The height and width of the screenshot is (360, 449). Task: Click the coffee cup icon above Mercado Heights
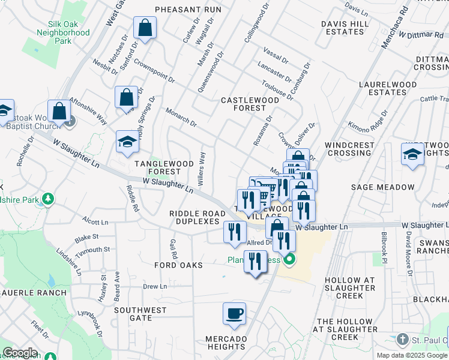click(x=234, y=313)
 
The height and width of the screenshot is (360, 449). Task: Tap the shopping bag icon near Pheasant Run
click(x=145, y=27)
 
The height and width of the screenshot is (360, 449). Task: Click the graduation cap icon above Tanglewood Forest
click(x=127, y=142)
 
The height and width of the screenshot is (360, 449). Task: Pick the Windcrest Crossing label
click(x=350, y=149)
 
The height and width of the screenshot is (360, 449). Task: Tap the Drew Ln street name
click(x=155, y=287)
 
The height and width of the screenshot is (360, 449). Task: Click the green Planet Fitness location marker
click(x=289, y=260)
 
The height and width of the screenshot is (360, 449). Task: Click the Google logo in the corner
click(x=20, y=353)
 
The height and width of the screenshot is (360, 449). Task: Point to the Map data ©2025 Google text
click(x=412, y=355)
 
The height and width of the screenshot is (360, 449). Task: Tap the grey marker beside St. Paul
click(x=401, y=341)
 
